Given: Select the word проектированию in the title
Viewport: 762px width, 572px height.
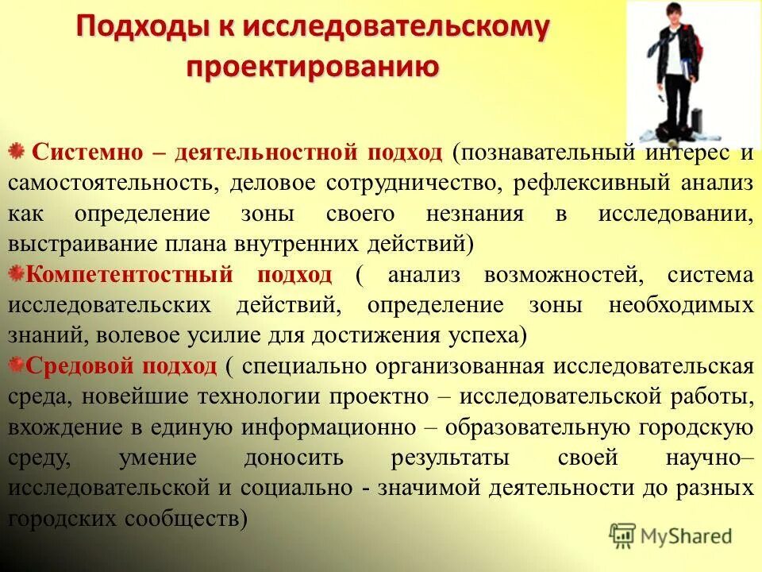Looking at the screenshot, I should point(313,66).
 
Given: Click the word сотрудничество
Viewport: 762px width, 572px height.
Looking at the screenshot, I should point(411,183).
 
